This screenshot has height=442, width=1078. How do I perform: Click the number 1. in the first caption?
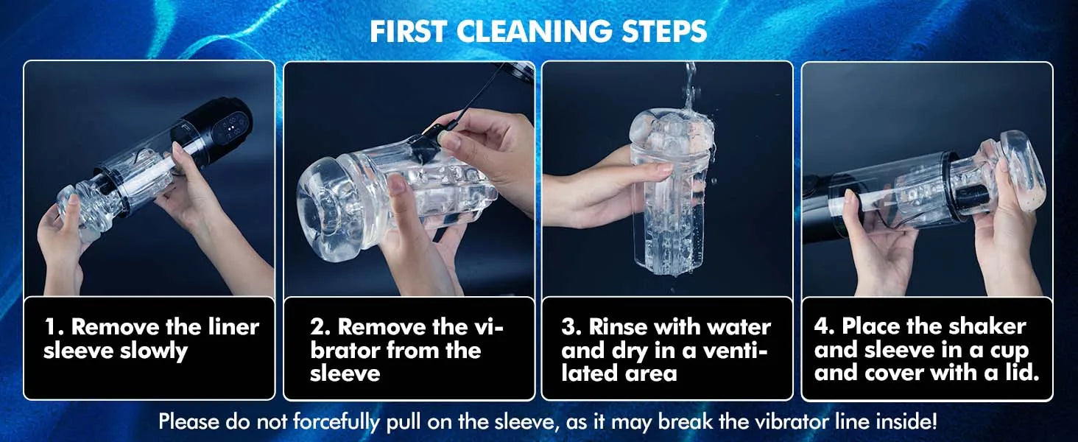coord(54,327)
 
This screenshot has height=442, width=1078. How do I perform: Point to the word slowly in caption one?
coord(153,351)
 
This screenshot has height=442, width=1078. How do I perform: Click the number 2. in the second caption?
coord(320,327)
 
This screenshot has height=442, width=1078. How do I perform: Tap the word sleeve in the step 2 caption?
coord(345,373)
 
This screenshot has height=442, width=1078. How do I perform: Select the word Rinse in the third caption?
coord(618,327)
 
